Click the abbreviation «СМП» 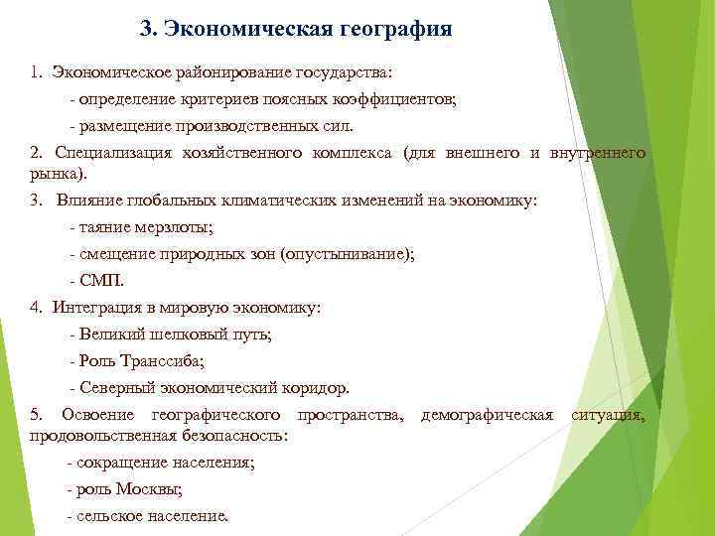(x=101, y=281)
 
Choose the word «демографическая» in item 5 (x=487, y=414)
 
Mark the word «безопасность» (x=236, y=435)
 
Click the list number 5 (x=36, y=414)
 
